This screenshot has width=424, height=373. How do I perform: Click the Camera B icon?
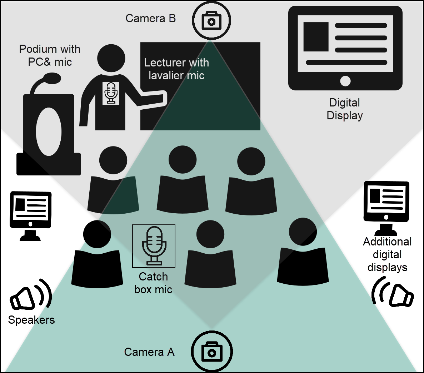click(211, 20)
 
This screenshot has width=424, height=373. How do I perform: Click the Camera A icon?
click(212, 352)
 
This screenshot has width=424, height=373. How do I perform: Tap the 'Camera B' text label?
click(150, 18)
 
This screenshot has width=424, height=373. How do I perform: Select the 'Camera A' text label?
click(149, 352)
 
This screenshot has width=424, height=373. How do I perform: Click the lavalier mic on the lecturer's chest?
click(111, 93)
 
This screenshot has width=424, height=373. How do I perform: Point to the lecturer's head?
click(111, 58)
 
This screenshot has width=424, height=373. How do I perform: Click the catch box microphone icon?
click(154, 246)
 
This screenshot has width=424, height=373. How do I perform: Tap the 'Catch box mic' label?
click(153, 283)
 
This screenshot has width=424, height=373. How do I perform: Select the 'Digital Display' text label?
click(345, 109)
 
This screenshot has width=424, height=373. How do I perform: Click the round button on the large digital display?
click(345, 81)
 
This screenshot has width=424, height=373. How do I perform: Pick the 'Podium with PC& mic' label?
click(50, 55)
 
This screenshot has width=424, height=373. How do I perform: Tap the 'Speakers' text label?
click(31, 320)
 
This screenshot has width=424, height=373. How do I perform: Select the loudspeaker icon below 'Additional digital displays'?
click(393, 293)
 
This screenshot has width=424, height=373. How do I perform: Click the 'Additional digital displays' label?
click(387, 254)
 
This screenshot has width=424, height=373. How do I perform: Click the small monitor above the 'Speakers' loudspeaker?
click(30, 214)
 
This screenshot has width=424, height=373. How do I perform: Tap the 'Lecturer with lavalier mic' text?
click(176, 69)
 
